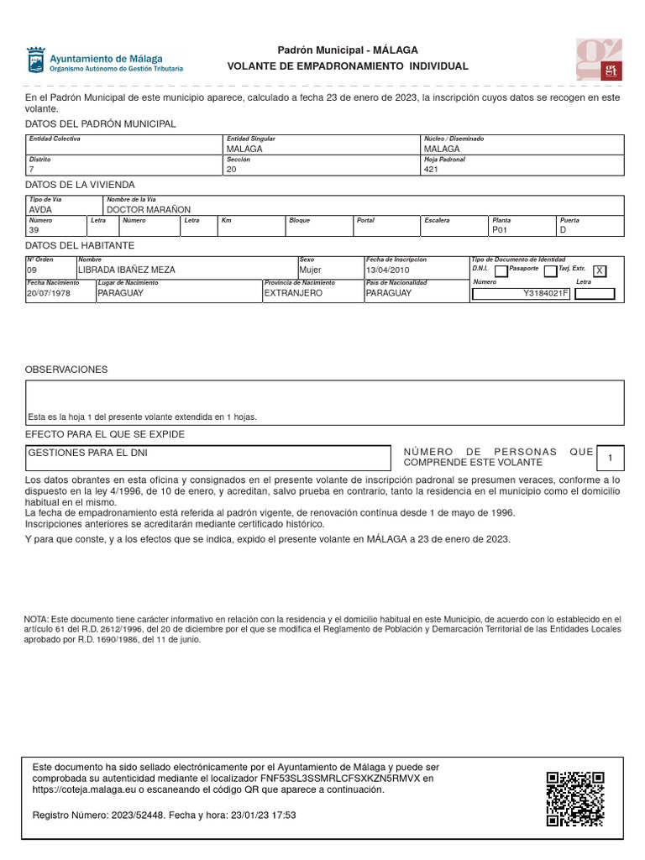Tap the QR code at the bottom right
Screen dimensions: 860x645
coord(575,800)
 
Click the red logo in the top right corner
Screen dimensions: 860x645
coord(599,60)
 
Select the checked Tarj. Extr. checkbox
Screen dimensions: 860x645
coord(599,270)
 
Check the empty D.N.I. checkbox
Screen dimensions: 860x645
coord(501,271)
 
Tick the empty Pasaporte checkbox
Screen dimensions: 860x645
coord(550,271)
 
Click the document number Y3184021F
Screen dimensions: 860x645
coord(546,294)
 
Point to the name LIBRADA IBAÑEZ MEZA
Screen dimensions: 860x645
coord(126,270)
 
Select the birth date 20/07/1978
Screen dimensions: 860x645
coord(49,294)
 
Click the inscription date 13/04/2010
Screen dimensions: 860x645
coord(387,270)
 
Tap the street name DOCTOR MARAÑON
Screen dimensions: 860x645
coord(149,209)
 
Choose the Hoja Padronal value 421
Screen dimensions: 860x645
coord(432,169)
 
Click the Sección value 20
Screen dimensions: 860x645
coord(232,169)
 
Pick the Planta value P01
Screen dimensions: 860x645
coord(501,230)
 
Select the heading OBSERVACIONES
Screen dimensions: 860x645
coord(66,370)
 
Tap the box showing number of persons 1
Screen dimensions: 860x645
coord(610,458)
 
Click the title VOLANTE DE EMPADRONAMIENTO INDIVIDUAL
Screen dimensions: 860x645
coord(348,66)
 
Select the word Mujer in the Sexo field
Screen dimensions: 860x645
coord(311,270)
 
